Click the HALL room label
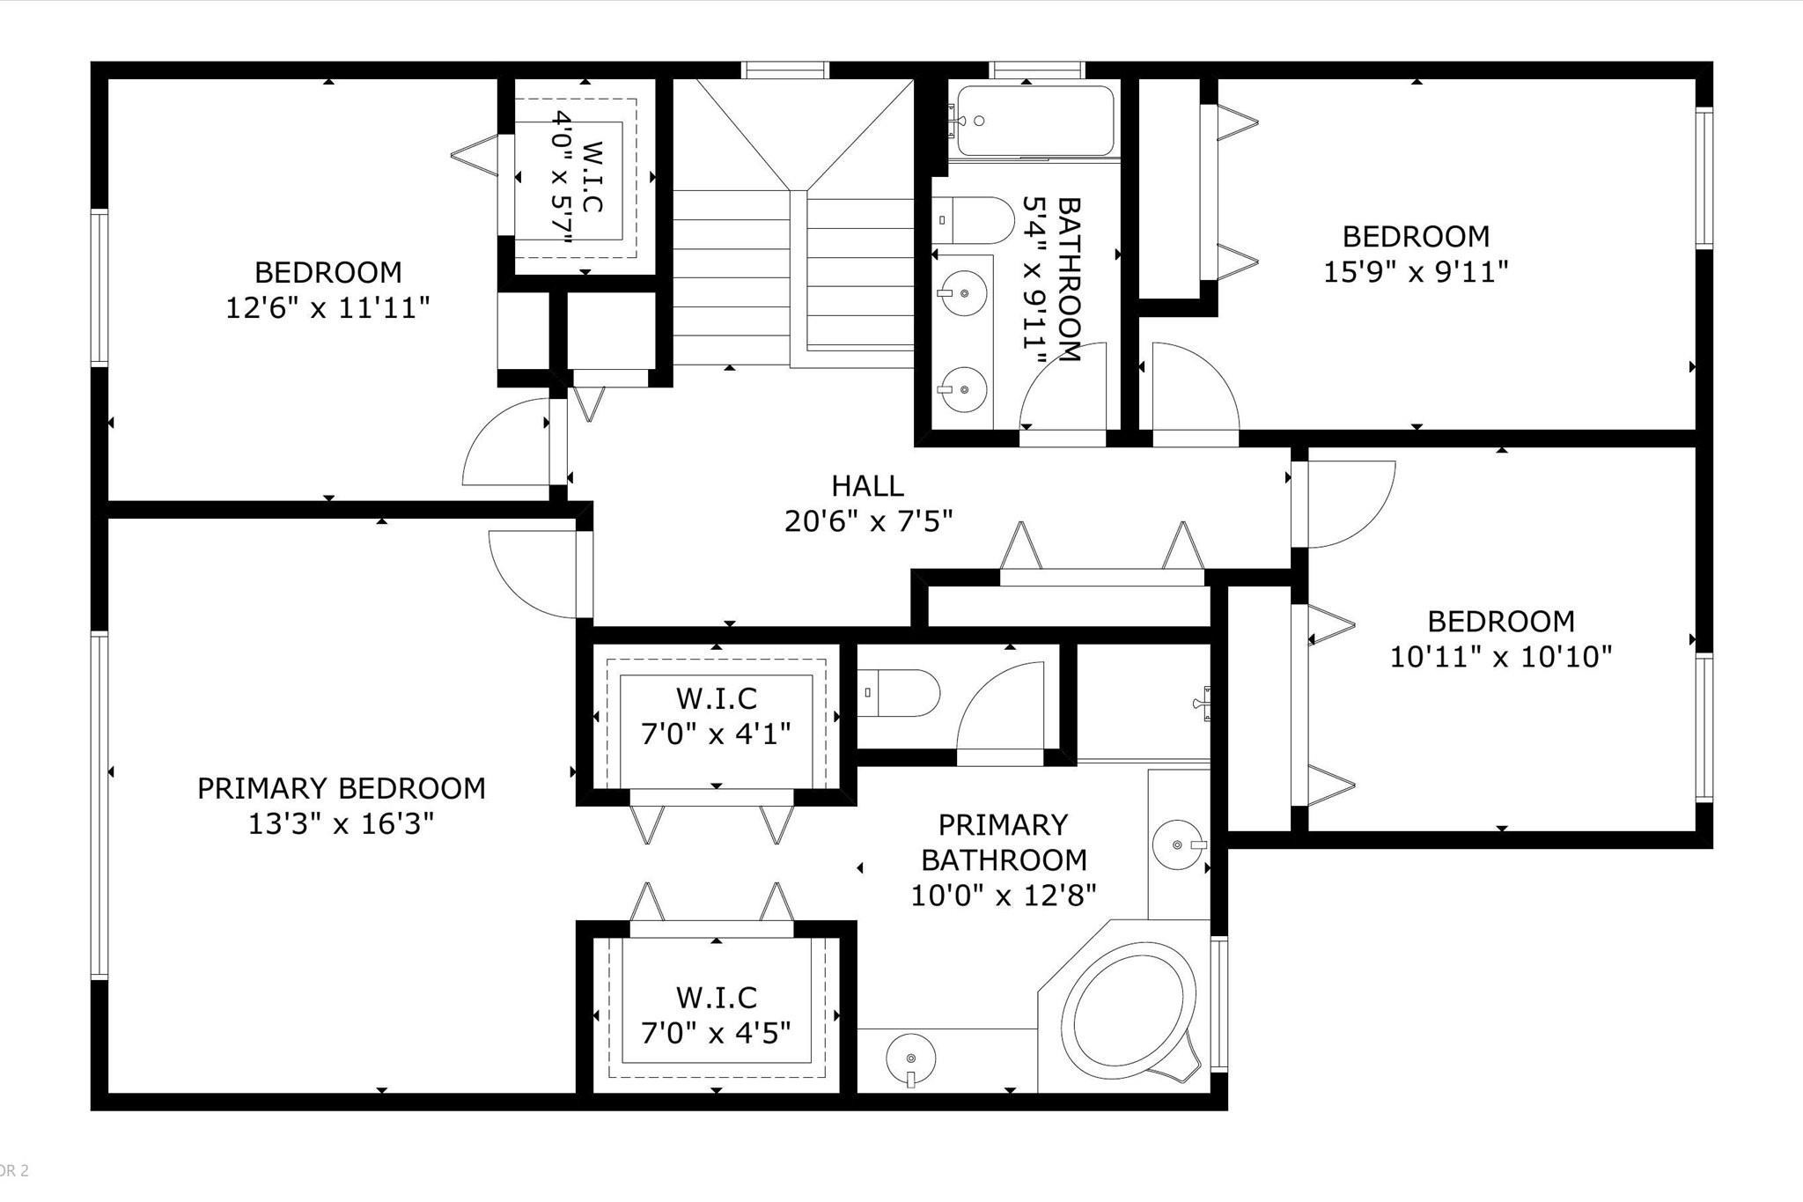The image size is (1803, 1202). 867,486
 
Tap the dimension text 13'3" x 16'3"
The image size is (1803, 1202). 341,824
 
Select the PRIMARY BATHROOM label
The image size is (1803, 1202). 1003,842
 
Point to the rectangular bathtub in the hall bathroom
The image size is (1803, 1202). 1034,121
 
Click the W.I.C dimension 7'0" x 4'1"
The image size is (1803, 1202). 716,734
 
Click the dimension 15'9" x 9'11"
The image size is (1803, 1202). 1416,272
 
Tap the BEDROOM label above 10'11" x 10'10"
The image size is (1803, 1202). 1500,622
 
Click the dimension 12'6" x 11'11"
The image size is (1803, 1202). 327,308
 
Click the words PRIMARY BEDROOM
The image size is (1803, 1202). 341,788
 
